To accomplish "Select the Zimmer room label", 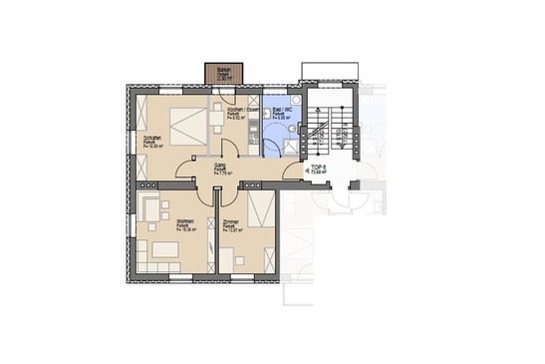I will pos(230,226).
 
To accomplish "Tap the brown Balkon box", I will pos(216,73).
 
